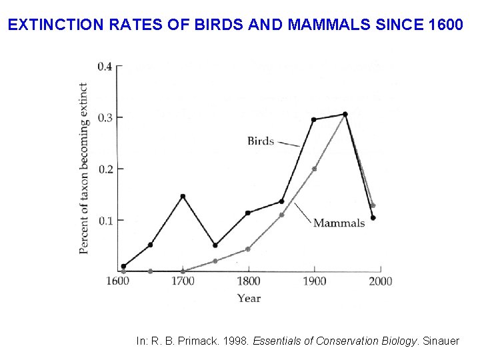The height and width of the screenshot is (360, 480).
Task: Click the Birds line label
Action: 260,140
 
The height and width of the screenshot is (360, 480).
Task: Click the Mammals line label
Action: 339,223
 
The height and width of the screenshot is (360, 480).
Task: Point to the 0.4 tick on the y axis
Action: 105,66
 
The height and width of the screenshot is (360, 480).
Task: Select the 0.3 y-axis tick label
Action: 105,117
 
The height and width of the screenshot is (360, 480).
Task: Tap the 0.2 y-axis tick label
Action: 105,169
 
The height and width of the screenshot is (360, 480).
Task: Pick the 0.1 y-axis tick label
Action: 105,220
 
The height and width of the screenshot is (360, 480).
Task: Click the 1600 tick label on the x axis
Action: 117,281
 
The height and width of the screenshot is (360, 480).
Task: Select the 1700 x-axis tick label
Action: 183,281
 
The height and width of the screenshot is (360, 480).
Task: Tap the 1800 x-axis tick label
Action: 249,281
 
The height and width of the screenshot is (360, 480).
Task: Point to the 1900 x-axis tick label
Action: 314,281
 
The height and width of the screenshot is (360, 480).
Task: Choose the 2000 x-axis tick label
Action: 380,281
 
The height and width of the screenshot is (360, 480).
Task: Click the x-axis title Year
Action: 249,298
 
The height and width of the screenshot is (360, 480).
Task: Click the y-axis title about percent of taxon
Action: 84,168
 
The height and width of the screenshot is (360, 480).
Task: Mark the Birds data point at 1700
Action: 183,196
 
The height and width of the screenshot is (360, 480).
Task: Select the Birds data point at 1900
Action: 313,120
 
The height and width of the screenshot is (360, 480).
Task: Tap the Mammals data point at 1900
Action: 314,169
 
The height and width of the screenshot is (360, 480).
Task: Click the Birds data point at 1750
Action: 215,245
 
